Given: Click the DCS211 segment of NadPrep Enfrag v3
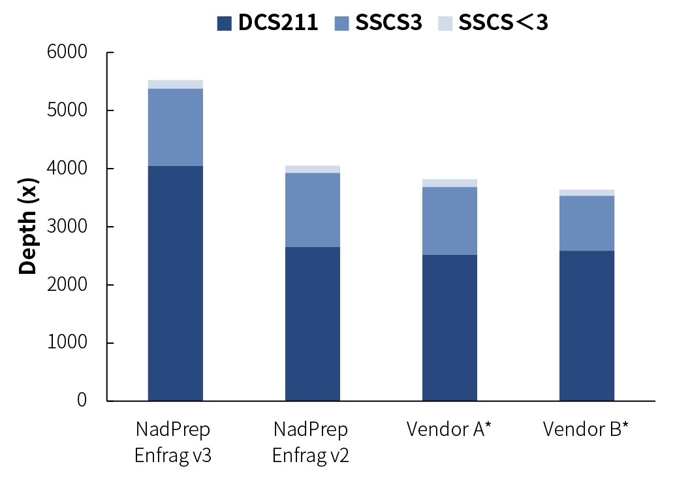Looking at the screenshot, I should (175, 283).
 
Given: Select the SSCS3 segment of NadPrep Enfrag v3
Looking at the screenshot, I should (175, 127).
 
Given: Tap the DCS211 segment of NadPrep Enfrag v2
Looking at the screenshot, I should (312, 324).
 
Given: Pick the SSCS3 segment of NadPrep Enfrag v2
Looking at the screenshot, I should (312, 210).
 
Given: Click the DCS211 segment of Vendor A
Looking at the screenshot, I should (449, 327).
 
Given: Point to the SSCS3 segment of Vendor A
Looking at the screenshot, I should (449, 221).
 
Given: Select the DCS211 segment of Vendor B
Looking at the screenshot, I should (586, 325).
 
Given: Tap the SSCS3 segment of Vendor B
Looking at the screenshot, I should (586, 223).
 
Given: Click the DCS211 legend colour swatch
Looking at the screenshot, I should (224, 24).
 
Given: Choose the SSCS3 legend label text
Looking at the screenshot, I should (388, 23).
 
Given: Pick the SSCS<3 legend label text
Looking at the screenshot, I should (503, 23).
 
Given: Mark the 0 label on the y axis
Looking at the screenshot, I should (82, 400).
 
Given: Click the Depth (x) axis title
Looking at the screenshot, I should (27, 226).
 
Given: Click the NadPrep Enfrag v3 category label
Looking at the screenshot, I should (173, 442).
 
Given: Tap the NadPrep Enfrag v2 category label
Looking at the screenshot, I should (311, 442).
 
